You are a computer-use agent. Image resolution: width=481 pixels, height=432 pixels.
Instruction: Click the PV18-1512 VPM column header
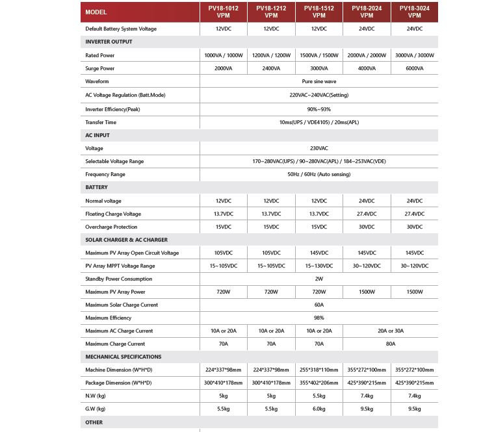point(318,12)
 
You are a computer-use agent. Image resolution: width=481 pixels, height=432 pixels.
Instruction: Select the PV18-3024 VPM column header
point(414,12)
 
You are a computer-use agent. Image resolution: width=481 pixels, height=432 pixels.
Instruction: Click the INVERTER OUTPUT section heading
point(109,42)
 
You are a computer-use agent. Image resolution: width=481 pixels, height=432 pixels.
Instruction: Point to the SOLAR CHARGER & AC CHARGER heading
point(126,240)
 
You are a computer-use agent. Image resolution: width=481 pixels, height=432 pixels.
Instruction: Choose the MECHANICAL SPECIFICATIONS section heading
point(123,357)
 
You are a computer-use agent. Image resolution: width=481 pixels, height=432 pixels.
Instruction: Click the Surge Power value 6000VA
point(414,68)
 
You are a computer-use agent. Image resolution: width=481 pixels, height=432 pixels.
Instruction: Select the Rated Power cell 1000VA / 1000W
point(223,55)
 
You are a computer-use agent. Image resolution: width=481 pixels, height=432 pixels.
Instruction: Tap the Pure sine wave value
point(318,81)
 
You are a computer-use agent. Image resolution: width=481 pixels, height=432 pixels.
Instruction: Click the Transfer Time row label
point(101,122)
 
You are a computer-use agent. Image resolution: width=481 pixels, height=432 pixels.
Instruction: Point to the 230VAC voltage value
point(318,148)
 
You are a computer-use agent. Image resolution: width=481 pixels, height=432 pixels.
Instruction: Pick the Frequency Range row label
point(105,174)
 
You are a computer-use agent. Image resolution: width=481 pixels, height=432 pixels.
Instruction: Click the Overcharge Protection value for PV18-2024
point(367,227)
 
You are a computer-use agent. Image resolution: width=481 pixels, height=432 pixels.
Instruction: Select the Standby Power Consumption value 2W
point(318,279)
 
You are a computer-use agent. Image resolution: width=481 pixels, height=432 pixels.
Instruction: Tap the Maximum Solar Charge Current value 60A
point(318,305)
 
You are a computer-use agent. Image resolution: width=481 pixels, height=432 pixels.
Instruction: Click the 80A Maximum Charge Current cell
point(390,344)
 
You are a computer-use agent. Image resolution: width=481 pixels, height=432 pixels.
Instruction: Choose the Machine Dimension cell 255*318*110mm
point(318,370)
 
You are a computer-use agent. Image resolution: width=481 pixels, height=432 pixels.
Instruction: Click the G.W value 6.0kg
point(318,409)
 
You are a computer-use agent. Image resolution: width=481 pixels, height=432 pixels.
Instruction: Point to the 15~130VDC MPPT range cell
point(318,266)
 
